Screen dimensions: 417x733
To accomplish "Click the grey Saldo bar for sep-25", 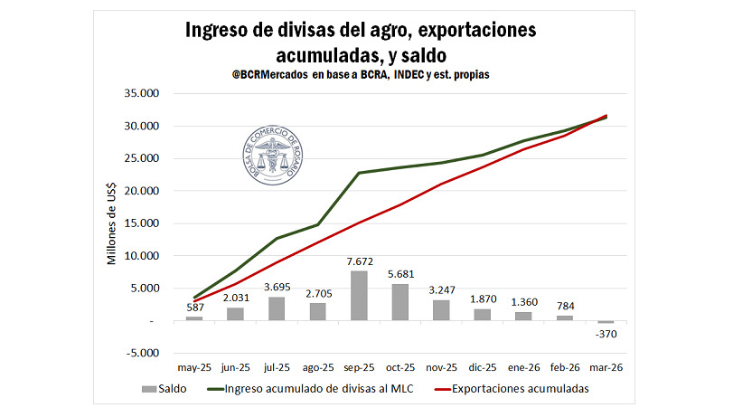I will (359, 296).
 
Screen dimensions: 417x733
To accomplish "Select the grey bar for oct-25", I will (399, 302).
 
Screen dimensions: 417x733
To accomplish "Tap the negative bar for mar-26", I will (606, 322).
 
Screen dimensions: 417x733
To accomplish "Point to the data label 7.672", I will (359, 261).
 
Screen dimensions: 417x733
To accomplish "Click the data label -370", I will (606, 334).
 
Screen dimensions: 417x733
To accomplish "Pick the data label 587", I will (194, 308).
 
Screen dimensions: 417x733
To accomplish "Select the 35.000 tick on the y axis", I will (140, 93).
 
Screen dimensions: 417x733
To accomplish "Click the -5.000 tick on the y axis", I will (142, 354).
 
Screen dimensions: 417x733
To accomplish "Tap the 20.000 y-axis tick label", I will (140, 191).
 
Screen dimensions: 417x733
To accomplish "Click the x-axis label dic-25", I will (482, 369).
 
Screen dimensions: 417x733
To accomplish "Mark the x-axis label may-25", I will (193, 369).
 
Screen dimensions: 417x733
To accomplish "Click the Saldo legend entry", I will (164, 389).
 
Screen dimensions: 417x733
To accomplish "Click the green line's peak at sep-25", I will (359, 172).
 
